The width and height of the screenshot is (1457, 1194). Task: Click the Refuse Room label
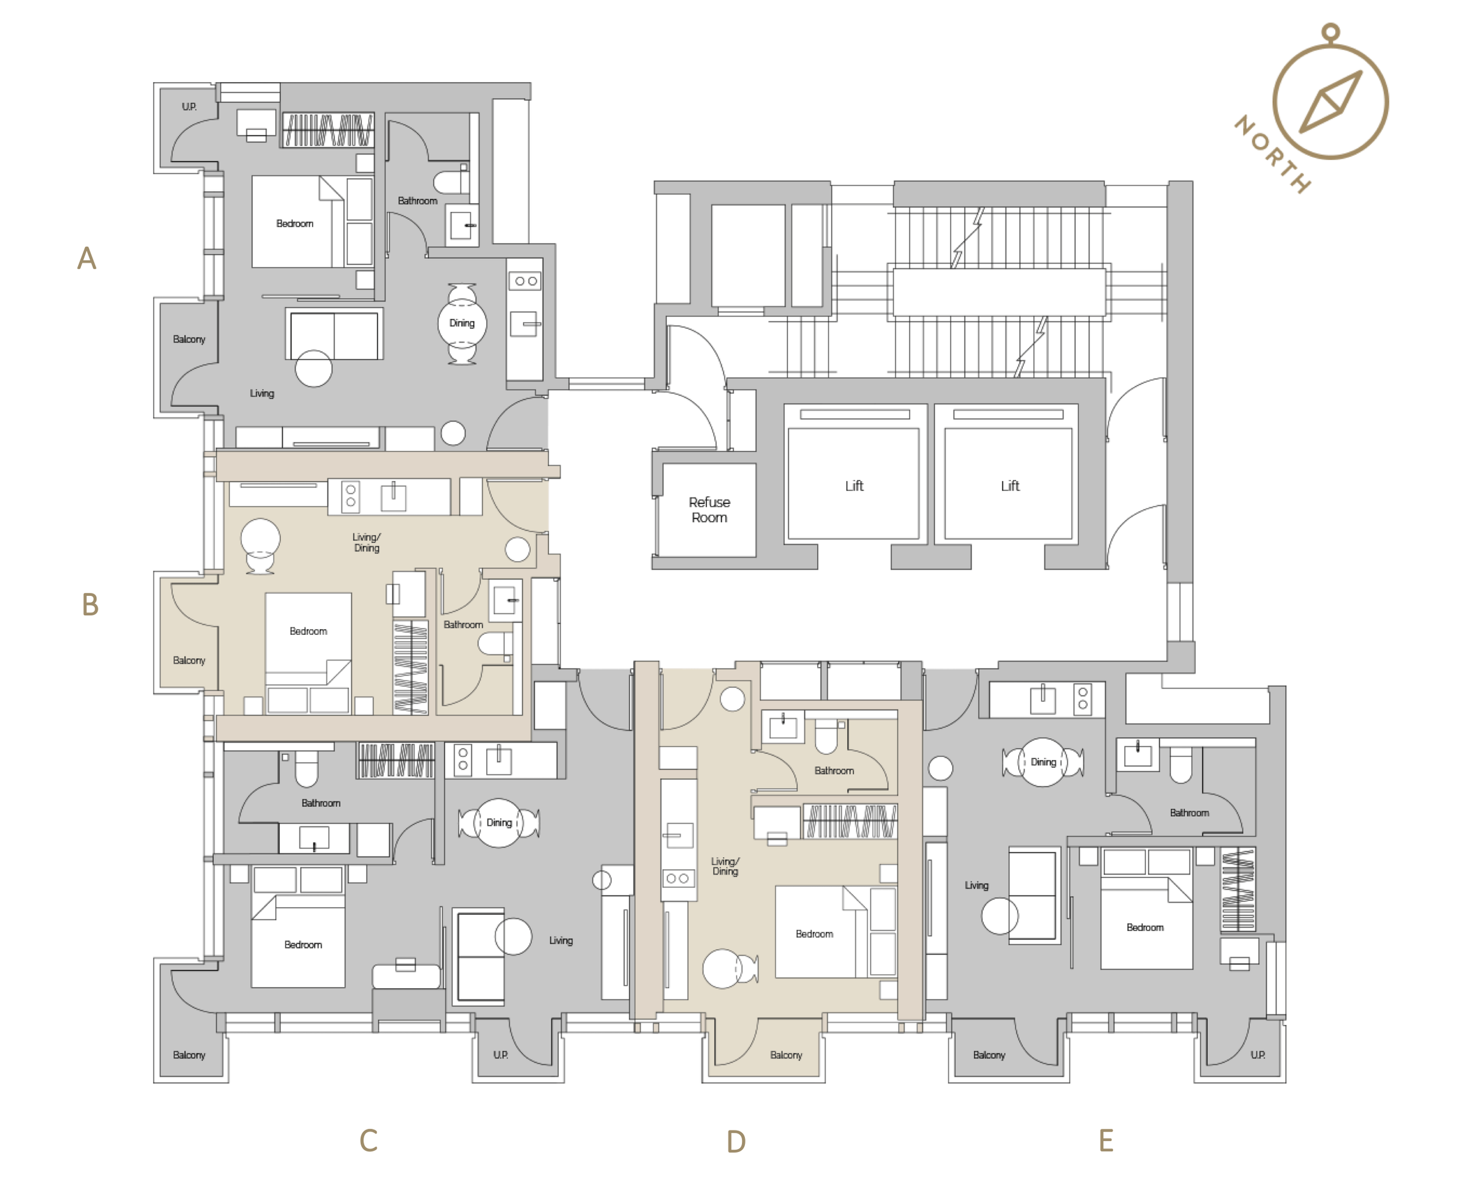pos(709,510)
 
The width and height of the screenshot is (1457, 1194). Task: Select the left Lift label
pos(854,486)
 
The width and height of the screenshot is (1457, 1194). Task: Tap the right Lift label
pos(1009,486)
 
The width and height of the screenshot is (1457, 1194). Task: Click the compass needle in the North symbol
pos(1331,102)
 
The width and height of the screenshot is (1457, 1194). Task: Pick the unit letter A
pos(87,259)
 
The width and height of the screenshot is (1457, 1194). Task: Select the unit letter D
pos(735,1142)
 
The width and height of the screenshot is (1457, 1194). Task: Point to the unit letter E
pos(1106,1140)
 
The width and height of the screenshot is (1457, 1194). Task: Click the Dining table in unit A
pos(462,323)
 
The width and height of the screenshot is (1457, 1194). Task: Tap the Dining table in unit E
pos(1043,762)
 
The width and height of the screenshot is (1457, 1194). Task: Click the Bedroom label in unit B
pos(308,631)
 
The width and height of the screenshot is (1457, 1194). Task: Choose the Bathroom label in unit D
pos(834,770)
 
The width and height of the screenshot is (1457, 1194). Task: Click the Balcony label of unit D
pos(786,1055)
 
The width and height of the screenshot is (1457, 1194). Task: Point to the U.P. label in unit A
pos(189,107)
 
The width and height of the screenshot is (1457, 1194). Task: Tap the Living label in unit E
pos(976,885)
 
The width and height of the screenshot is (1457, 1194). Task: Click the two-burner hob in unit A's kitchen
pos(525,280)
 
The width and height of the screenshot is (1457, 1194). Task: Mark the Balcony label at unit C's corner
pos(189,1055)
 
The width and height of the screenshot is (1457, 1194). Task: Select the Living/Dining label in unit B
pos(367,542)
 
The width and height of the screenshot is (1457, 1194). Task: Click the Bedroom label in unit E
pos(1145,927)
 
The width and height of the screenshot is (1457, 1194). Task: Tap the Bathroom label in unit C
pos(321,803)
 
